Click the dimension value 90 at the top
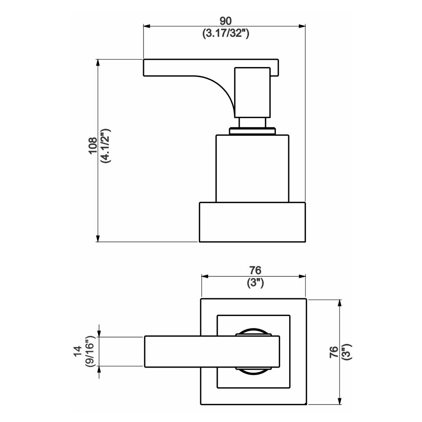tap(226, 21)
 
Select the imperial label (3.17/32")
tap(226, 33)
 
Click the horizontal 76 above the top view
tap(255, 270)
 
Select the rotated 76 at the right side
tap(333, 352)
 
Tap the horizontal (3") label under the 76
tap(255, 283)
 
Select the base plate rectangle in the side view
tap(252, 222)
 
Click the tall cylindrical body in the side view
tap(252, 169)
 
